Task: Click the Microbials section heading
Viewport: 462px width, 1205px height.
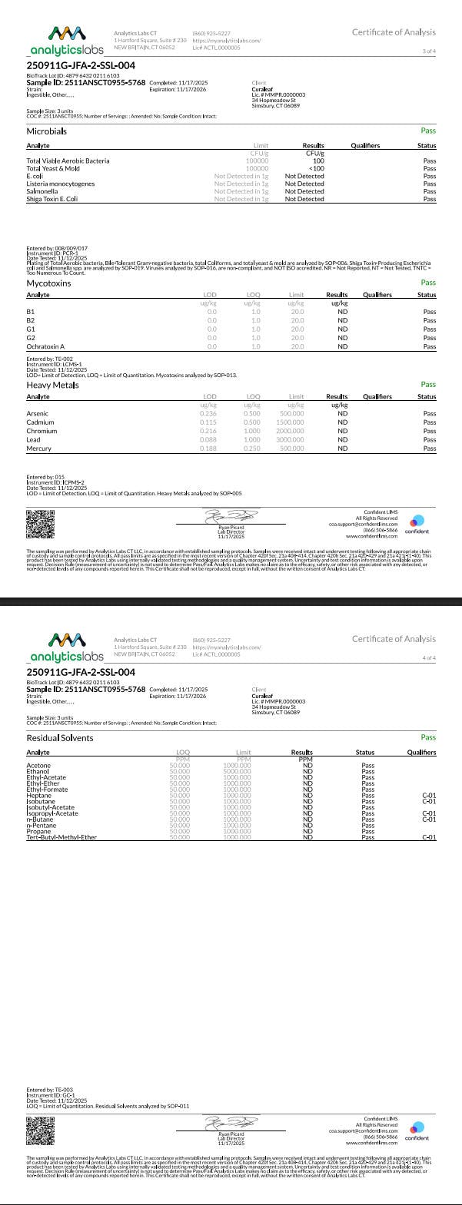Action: coord(46,131)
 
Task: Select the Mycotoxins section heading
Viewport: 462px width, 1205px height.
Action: coord(48,283)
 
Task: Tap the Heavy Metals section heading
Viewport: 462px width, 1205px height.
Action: coord(52,385)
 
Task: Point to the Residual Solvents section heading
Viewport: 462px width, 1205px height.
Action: coord(60,737)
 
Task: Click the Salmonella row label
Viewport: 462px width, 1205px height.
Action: coord(41,191)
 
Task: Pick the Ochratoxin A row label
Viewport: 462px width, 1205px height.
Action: coord(45,346)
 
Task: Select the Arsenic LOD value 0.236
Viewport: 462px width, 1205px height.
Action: coord(208,414)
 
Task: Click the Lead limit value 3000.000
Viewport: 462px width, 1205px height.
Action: coord(291,439)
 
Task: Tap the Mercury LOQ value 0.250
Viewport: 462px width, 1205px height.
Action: coord(251,448)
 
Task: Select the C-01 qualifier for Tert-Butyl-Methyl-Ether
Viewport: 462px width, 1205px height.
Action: coord(429,837)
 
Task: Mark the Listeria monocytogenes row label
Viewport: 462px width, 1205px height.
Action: coord(61,184)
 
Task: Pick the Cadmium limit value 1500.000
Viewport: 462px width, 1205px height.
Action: coord(291,422)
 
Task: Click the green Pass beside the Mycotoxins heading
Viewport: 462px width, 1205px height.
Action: coord(428,283)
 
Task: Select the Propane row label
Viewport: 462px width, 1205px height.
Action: coord(38,831)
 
